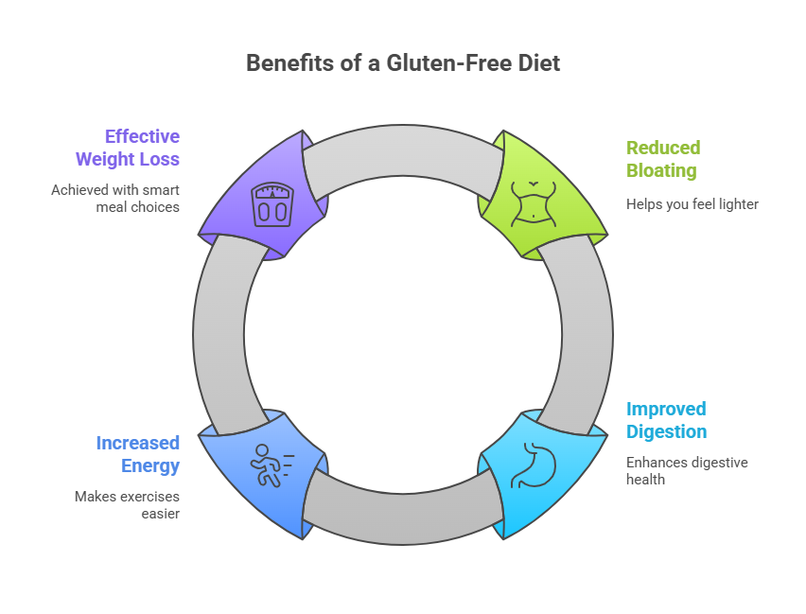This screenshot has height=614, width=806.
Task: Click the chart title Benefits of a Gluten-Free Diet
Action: (403, 63)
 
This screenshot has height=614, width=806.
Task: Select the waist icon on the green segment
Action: (535, 202)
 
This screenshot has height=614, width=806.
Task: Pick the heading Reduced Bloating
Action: (662, 159)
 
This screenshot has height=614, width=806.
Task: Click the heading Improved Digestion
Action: (666, 420)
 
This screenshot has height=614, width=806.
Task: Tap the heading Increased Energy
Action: (137, 453)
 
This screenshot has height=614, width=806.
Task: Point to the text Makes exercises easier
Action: (127, 504)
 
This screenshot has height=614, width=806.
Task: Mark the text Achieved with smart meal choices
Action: (115, 198)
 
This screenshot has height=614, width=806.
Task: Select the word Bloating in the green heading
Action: (660, 171)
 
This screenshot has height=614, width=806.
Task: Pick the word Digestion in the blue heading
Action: (666, 432)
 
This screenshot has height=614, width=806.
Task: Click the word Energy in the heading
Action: (150, 465)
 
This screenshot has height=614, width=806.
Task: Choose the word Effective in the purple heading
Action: (142, 135)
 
